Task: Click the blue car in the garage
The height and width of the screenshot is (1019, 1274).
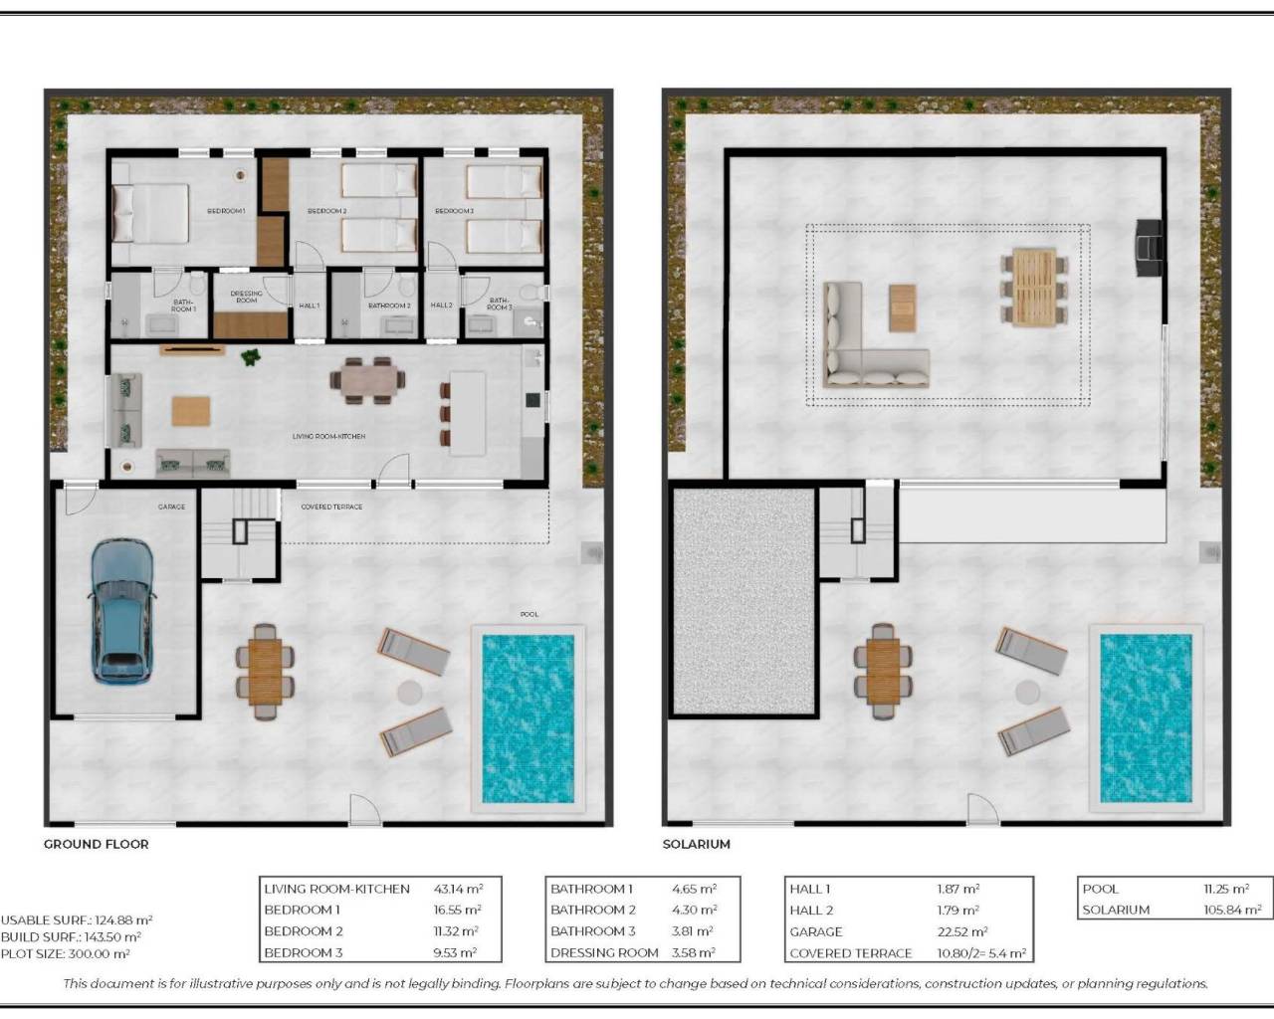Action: pyautogui.click(x=122, y=611)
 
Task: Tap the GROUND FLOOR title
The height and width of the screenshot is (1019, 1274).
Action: pyautogui.click(x=96, y=844)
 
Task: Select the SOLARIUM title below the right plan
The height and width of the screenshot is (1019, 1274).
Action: pyautogui.click(x=697, y=844)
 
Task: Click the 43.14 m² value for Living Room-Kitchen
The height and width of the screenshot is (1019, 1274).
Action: pyautogui.click(x=459, y=889)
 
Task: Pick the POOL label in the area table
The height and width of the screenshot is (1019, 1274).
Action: pyautogui.click(x=1100, y=889)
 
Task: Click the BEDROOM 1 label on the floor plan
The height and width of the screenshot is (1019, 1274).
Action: pyautogui.click(x=226, y=211)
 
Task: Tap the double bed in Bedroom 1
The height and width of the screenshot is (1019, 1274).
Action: pyautogui.click(x=150, y=213)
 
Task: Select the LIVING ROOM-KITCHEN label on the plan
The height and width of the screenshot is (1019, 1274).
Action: pyautogui.click(x=328, y=437)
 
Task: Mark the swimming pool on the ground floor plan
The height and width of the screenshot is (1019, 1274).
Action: pyautogui.click(x=529, y=718)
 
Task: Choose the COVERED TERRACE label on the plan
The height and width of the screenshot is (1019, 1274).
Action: pyautogui.click(x=331, y=507)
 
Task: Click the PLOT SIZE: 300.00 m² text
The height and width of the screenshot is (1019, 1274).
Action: pyautogui.click(x=66, y=953)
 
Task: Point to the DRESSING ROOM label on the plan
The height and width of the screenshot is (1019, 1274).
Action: pyautogui.click(x=246, y=297)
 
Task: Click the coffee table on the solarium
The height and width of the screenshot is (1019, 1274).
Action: pyautogui.click(x=902, y=307)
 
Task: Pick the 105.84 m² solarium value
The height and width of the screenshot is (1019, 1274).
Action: pyautogui.click(x=1232, y=910)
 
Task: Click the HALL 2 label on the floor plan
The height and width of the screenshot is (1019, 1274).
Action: pyautogui.click(x=442, y=306)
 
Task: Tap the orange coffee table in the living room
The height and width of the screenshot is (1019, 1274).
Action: pyautogui.click(x=191, y=411)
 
